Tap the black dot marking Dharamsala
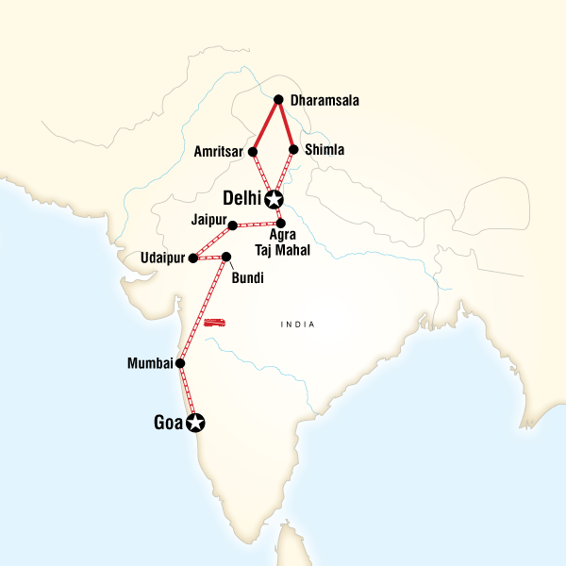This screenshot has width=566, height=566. pos(278,99)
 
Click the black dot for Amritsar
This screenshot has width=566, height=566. pos(253,150)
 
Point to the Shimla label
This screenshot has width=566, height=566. pos(325,149)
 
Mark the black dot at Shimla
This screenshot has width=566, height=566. pos(294,149)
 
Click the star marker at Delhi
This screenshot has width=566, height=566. pos(274,199)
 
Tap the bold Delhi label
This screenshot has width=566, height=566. pos(242,199)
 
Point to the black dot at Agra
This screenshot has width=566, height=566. pos(280,223)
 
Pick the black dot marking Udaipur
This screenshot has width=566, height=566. pos(192,258)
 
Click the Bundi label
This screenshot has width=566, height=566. pos(249,278)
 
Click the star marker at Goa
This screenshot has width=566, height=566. pos(195,422)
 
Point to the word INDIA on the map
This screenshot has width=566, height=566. pos(297,325)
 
